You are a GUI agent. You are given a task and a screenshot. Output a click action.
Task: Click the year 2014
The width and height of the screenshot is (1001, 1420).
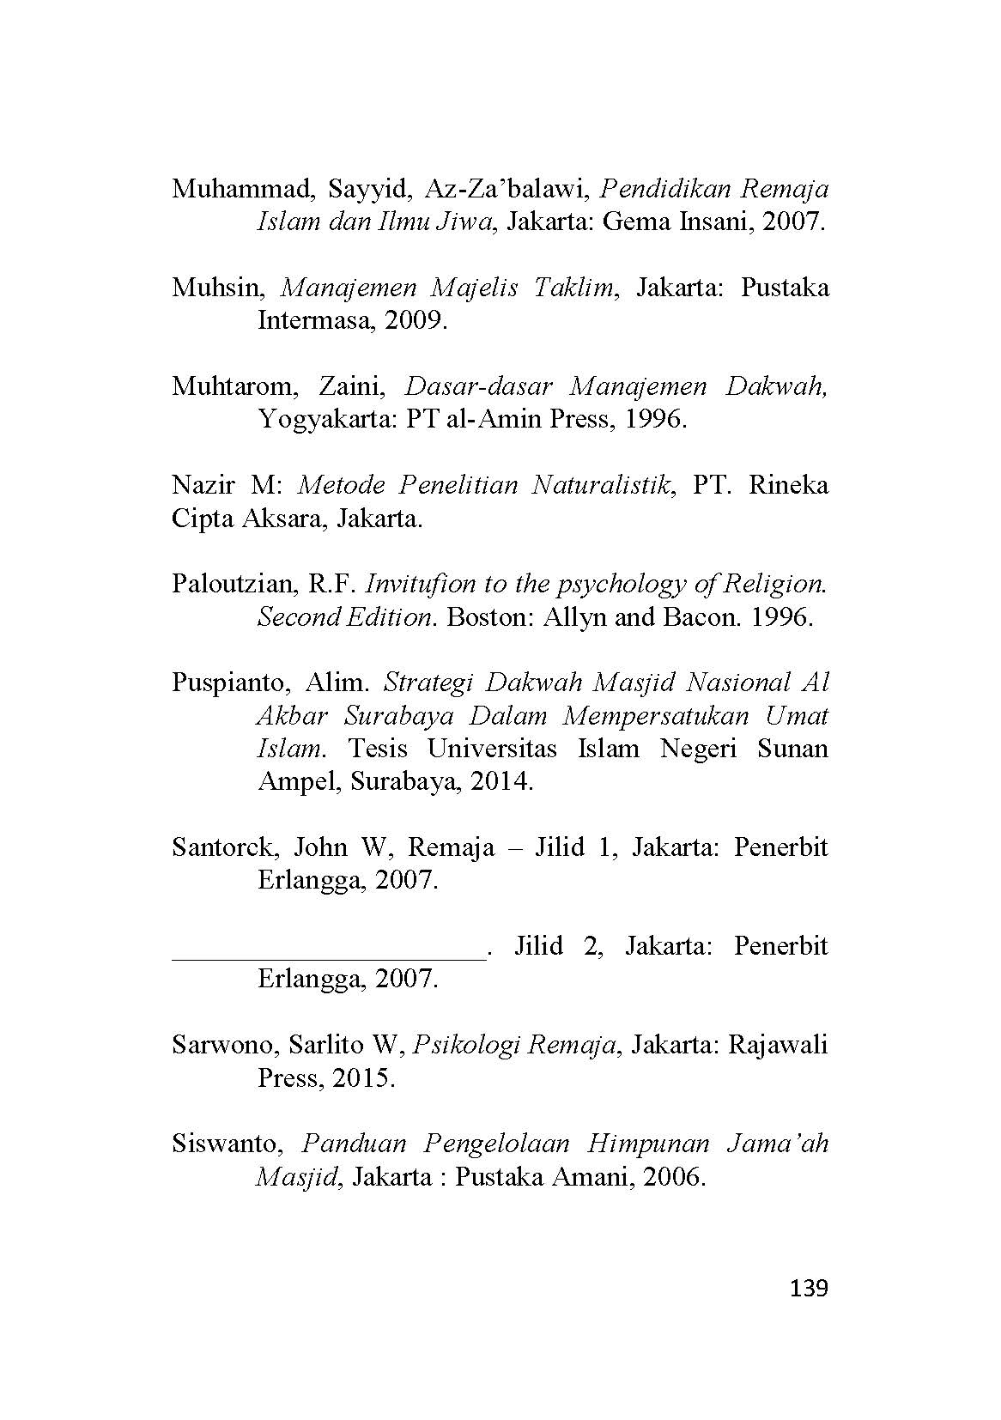coord(501,782)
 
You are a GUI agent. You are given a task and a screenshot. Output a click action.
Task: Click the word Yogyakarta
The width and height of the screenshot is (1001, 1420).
coord(323,420)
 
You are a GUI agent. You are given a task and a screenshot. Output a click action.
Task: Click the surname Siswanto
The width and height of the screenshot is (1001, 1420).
coord(227,1144)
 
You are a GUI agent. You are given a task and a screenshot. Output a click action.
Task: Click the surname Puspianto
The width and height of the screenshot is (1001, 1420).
coord(228,683)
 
